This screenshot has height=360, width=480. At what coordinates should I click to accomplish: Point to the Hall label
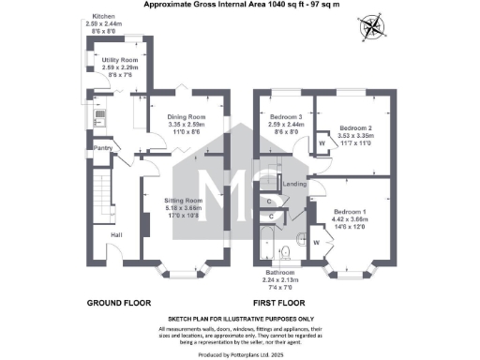[x=116, y=234]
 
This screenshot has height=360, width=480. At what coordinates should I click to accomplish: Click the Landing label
[x=294, y=185]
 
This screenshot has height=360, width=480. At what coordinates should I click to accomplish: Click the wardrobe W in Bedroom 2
[x=322, y=143]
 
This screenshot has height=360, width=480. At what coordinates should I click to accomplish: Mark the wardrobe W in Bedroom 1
[x=316, y=240]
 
